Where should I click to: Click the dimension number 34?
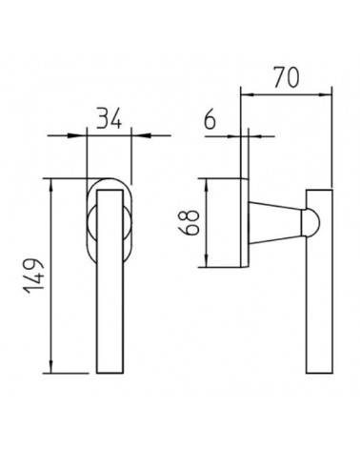tap(109, 118)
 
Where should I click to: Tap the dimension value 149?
tap(32, 276)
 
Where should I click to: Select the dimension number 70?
tap(287, 77)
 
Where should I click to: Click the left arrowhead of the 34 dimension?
tap(77, 135)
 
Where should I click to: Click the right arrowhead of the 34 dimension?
tap(141, 135)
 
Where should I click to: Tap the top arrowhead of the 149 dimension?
tap(51, 188)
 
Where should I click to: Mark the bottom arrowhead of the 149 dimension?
tap(51, 363)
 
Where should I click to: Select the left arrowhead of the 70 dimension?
tap(250, 94)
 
